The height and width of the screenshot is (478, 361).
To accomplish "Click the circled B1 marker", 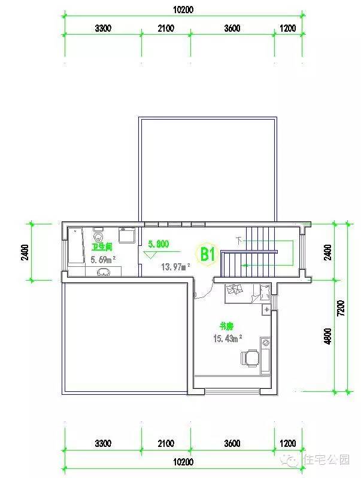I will (x=207, y=254).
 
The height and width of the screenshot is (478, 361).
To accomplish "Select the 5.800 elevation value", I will (x=158, y=243).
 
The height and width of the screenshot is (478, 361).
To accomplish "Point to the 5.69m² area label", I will (x=102, y=260).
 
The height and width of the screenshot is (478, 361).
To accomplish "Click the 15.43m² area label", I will (x=227, y=338).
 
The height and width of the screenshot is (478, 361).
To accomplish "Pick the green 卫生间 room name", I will (x=102, y=246).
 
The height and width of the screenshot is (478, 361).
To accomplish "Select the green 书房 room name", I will (x=226, y=326).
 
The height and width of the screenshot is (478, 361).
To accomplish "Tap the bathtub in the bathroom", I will (x=75, y=245).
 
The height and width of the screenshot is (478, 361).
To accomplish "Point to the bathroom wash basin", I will (x=104, y=272).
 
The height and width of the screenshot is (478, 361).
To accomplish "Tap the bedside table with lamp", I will (x=266, y=309).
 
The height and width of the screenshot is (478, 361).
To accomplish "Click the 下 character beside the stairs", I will (x=239, y=240).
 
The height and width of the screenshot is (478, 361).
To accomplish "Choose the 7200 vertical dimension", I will (x=341, y=307).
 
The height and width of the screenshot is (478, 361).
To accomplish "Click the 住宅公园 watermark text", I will (x=327, y=459).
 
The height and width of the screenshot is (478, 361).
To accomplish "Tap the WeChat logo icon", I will (x=293, y=459).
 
